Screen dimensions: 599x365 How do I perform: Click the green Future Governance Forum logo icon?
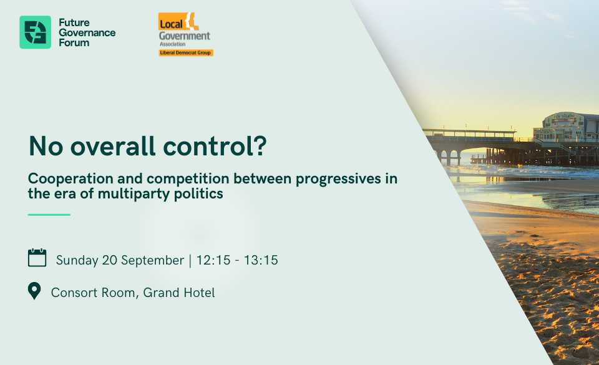(x=35, y=32)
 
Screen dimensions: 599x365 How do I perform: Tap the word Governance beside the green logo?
(x=87, y=33)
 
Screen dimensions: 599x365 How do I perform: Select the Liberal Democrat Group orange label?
(x=186, y=52)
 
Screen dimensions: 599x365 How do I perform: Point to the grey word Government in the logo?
(x=185, y=36)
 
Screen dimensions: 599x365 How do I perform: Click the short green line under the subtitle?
(x=49, y=215)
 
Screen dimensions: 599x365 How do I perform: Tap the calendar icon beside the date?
(x=37, y=257)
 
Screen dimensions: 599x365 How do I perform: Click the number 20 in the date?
(x=109, y=260)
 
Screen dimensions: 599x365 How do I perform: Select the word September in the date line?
(x=152, y=260)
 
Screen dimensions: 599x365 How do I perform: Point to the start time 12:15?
(x=213, y=260)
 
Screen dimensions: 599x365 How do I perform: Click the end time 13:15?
(x=261, y=260)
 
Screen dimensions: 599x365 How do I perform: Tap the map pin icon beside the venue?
(x=34, y=291)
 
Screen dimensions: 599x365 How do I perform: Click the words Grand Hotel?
(x=179, y=293)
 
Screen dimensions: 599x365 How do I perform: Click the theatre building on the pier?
(x=566, y=127)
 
